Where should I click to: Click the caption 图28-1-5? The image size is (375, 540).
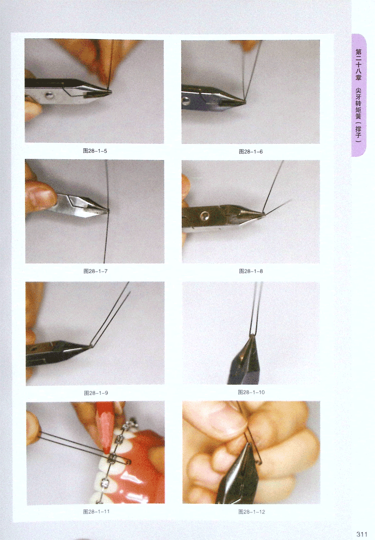pyautogui.click(x=95, y=151)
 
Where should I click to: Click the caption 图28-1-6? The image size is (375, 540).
pyautogui.click(x=251, y=152)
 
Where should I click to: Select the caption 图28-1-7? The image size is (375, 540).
pyautogui.click(x=95, y=271)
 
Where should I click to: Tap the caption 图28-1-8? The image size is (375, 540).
pyautogui.click(x=251, y=271)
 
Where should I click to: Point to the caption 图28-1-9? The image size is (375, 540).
pyautogui.click(x=96, y=393)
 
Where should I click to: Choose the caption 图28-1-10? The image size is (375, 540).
pyautogui.click(x=251, y=392)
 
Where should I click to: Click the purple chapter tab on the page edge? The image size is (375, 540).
pyautogui.click(x=358, y=95)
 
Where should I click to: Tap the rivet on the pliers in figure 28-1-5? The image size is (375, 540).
pyautogui.click(x=50, y=95)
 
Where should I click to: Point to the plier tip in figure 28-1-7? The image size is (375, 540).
pyautogui.click(x=107, y=210)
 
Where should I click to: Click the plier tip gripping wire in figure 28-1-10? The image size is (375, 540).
pyautogui.click(x=251, y=337)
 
